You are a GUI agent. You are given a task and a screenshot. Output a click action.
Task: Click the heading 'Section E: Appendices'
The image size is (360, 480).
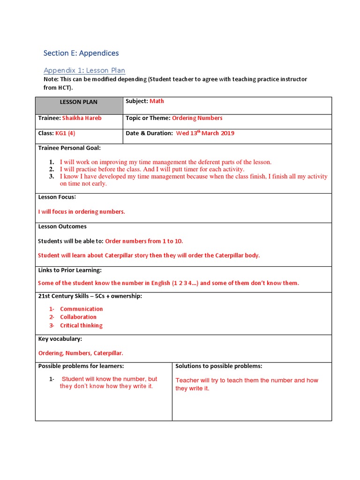(x=81, y=53)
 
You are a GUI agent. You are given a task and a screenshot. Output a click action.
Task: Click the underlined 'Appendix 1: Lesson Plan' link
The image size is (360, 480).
(x=84, y=70)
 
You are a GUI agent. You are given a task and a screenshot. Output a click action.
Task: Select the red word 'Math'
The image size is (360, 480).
(x=157, y=101)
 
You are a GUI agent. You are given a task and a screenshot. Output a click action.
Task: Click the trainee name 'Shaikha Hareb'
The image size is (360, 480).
(x=82, y=118)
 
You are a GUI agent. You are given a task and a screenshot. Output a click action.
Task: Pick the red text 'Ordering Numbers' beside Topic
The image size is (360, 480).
(x=197, y=118)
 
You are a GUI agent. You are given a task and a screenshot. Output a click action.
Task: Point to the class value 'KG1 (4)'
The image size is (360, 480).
(x=65, y=133)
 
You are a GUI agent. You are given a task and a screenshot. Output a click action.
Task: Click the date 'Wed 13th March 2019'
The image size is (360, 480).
(x=205, y=133)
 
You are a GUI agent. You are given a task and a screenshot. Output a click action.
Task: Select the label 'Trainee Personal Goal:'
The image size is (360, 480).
(x=69, y=148)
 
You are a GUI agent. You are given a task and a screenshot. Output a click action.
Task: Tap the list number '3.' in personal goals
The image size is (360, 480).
(x=52, y=177)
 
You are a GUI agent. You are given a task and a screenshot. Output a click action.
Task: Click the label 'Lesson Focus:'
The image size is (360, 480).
(x=57, y=197)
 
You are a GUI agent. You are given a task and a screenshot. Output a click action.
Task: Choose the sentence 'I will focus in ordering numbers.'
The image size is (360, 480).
(x=82, y=212)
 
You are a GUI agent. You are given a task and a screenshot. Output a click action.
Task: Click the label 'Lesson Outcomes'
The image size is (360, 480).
(x=62, y=226)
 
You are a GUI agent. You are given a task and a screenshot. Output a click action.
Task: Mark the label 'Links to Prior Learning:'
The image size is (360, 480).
(x=70, y=270)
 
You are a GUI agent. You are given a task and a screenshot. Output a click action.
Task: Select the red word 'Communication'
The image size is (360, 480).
(x=81, y=309)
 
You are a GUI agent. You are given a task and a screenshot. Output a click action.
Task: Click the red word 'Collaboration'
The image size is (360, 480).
(x=78, y=317)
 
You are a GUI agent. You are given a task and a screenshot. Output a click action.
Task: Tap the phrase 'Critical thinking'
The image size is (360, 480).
(x=81, y=325)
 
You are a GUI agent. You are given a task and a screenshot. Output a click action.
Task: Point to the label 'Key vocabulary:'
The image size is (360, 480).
(x=60, y=338)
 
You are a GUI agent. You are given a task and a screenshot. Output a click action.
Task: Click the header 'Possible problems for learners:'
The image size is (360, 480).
(x=81, y=366)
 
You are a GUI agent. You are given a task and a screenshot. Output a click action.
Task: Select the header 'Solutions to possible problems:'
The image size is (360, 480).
(x=219, y=366)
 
